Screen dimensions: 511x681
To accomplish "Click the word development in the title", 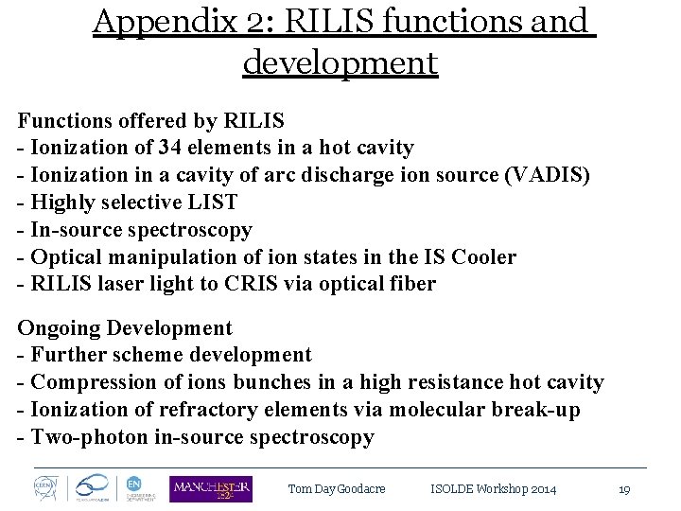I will [x=340, y=62].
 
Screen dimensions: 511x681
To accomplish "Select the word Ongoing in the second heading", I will [x=59, y=328].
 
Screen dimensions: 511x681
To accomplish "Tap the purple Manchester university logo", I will [x=211, y=488].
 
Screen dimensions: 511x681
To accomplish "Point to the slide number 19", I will [x=624, y=489].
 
